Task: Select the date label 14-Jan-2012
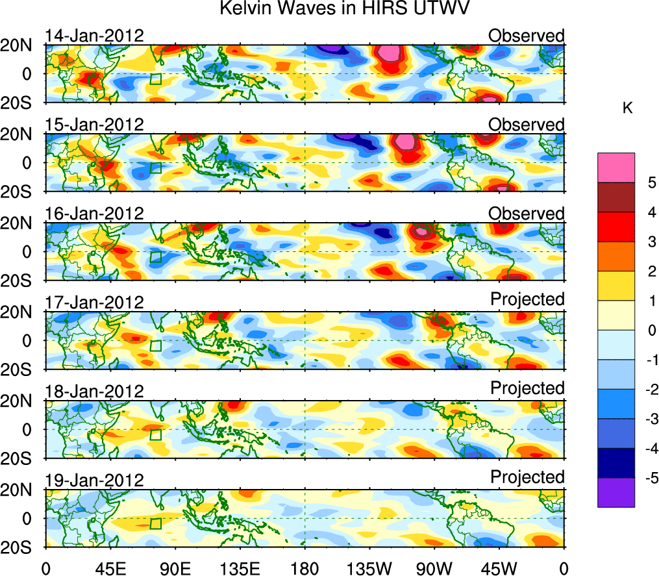tap(94, 36)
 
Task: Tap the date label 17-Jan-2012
tap(94, 303)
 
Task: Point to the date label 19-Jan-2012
tap(94, 481)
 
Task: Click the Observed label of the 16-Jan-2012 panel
tap(527, 214)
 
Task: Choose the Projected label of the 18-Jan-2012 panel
tap(527, 388)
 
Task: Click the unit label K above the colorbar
tap(627, 108)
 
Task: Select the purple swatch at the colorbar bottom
tap(615, 492)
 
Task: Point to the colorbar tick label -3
tap(647, 419)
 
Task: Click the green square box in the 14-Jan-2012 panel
tap(155, 79)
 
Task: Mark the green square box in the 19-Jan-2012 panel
tap(155, 524)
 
